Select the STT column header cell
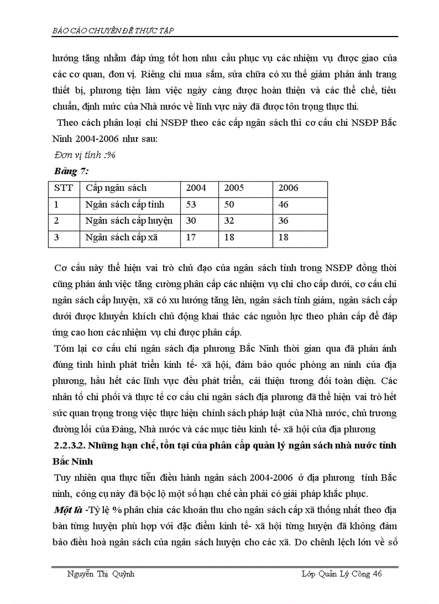[x=63, y=188]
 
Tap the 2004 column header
[x=196, y=188]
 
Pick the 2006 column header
[x=288, y=188]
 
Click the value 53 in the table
[x=192, y=204]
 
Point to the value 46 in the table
[x=284, y=204]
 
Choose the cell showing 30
[x=192, y=221]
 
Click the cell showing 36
[x=284, y=221]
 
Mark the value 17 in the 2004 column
[x=192, y=237]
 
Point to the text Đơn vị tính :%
[x=86, y=155]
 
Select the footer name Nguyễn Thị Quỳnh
[x=101, y=574]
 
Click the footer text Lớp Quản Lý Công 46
[x=342, y=574]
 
